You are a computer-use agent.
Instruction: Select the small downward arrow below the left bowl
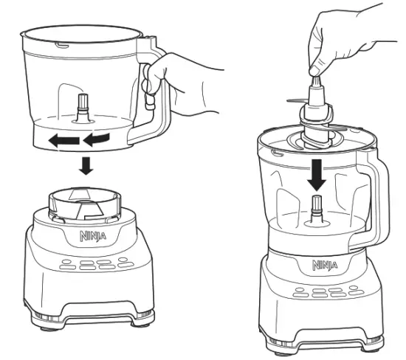point(86,166)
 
